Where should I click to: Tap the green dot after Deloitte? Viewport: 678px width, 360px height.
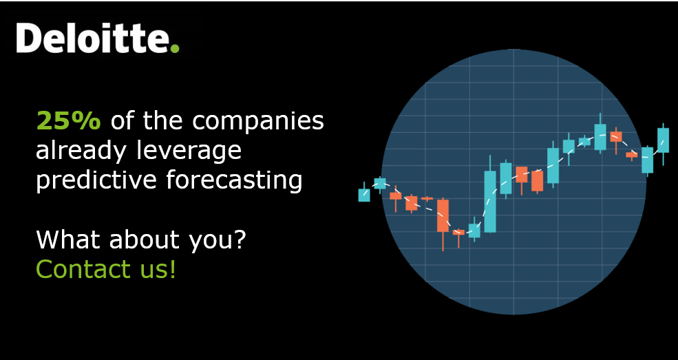click(175, 48)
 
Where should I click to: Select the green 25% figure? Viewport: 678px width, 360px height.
click(68, 121)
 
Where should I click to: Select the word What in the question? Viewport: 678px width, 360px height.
click(63, 240)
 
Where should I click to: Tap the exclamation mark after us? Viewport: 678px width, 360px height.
click(172, 269)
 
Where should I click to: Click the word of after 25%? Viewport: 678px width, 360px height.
click(122, 122)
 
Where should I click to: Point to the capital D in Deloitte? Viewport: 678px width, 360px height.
click(28, 39)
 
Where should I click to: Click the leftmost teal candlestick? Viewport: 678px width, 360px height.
click(364, 195)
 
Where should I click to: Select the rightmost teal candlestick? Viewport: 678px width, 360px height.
click(663, 140)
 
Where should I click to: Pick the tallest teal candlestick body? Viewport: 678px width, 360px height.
click(490, 201)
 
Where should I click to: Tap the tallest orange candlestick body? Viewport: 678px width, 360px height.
click(443, 215)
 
